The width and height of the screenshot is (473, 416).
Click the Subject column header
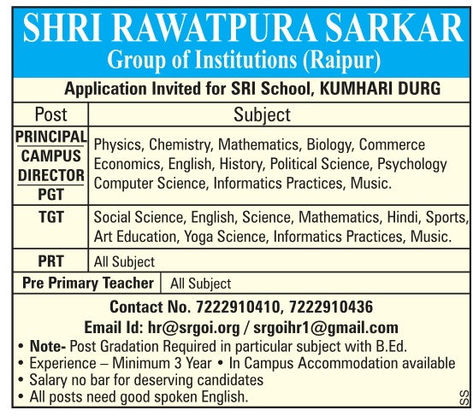[x=262, y=114]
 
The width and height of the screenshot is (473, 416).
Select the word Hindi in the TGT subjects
[x=398, y=218]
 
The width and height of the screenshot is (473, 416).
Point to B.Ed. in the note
[x=387, y=346]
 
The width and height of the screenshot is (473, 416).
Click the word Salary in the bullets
[x=50, y=380]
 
